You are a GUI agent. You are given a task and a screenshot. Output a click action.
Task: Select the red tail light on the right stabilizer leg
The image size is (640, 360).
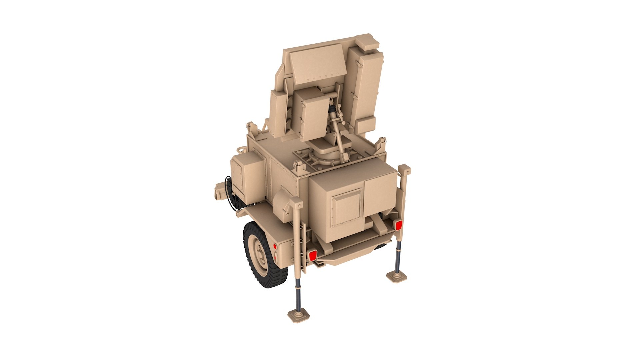click(398, 225)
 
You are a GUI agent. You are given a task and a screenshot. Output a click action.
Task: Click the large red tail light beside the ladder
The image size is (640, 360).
click(312, 255)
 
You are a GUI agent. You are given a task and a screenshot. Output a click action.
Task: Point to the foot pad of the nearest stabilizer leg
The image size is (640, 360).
click(299, 315)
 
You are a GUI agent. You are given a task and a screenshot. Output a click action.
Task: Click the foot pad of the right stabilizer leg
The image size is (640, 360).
click(397, 276)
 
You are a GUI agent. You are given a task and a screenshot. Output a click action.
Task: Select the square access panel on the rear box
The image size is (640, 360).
click(347, 207)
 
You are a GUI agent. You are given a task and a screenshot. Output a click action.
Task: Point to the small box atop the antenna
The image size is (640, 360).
click(368, 42)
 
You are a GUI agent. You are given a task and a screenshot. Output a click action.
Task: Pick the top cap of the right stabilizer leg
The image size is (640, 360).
click(404, 170)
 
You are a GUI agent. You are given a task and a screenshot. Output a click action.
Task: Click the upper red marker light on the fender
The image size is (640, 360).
click(275, 246)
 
